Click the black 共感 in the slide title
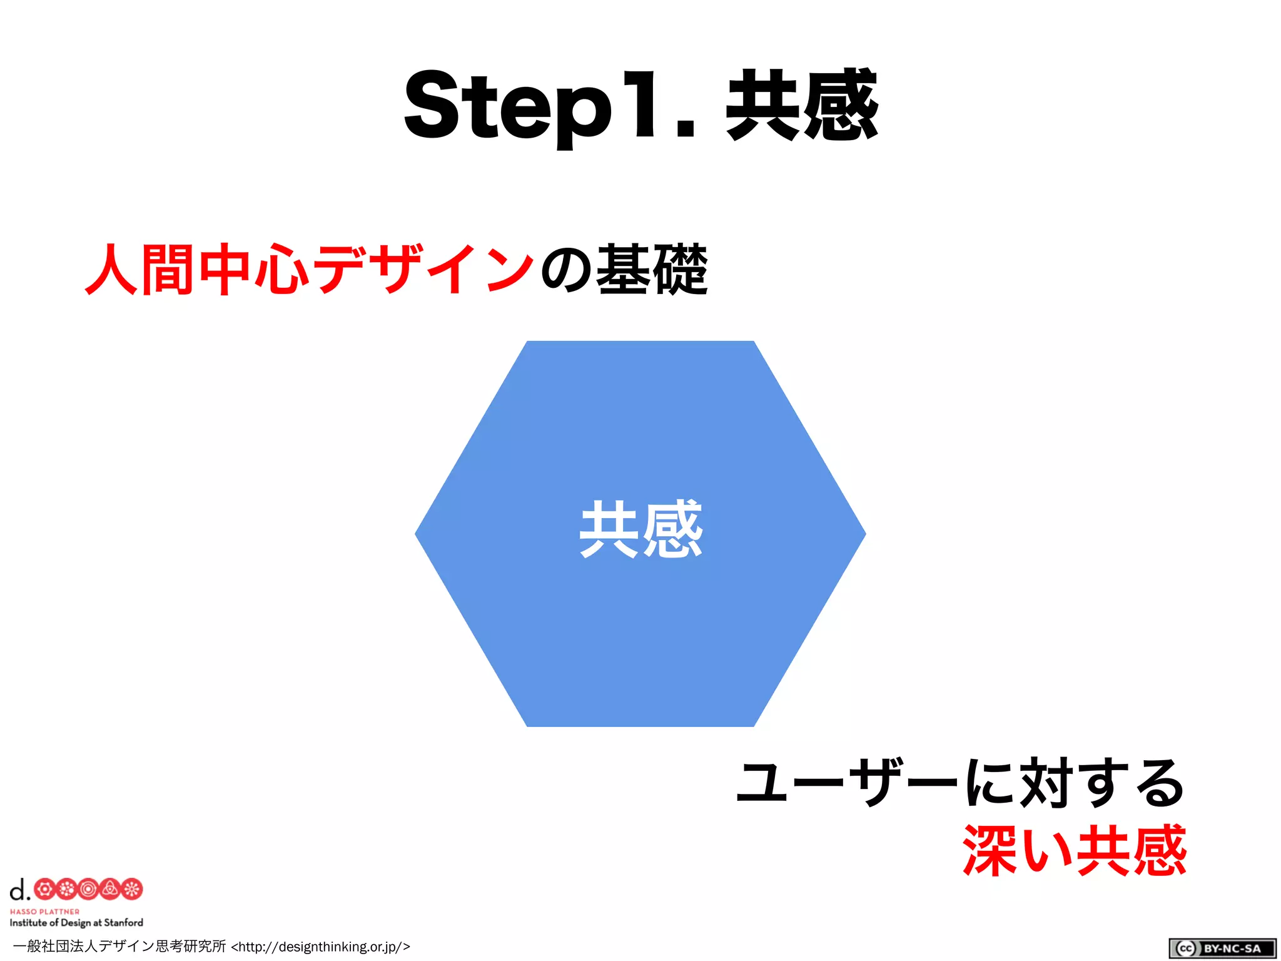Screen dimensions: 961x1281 pyautogui.click(x=801, y=105)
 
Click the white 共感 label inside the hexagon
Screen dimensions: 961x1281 pyautogui.click(x=640, y=529)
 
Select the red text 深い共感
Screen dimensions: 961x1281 pyautogui.click(x=1074, y=850)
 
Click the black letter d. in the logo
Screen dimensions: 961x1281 pyautogui.click(x=19, y=889)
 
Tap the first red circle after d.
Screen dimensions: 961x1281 pyautogui.click(x=44, y=889)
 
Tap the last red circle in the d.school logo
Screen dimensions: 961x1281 pyautogui.click(x=132, y=889)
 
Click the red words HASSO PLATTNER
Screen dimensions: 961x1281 pyautogui.click(x=44, y=912)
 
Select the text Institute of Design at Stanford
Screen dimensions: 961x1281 pyautogui.click(x=76, y=922)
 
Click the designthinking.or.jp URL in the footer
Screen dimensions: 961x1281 pyautogui.click(x=320, y=947)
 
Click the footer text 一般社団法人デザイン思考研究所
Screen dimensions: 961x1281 pyautogui.click(x=119, y=946)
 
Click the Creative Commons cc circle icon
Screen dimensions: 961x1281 pyautogui.click(x=1185, y=948)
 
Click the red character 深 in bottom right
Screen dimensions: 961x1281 pyautogui.click(x=990, y=850)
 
